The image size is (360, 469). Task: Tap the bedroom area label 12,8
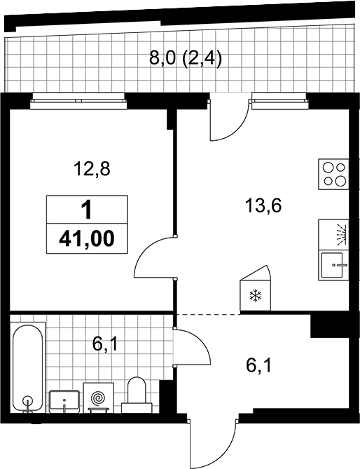pos(92,169)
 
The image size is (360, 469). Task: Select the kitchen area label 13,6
pos(263,206)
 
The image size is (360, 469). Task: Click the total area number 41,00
pos(87,238)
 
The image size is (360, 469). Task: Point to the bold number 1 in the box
pos(87,210)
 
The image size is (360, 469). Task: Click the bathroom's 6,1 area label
pos(105,344)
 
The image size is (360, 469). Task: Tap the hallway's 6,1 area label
pos(258,366)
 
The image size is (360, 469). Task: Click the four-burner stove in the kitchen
pos(333,174)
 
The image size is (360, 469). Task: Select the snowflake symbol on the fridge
pos(256,296)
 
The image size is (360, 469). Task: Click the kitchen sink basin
pos(333,266)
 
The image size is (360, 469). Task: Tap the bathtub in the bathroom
pos(28,367)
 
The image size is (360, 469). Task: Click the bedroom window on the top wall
pos(78,100)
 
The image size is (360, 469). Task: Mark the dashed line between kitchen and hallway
pos(209,314)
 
